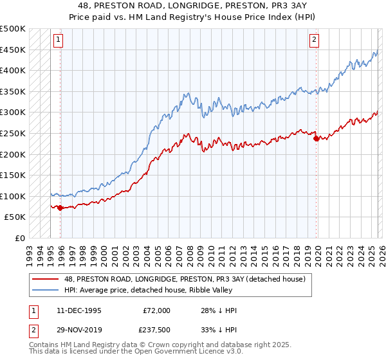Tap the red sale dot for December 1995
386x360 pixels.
pos(60,208)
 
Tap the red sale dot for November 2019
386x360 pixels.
pos(316,138)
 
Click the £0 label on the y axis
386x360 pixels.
pos(19,238)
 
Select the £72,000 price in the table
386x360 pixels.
pos(156,310)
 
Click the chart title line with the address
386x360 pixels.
pos(193,6)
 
